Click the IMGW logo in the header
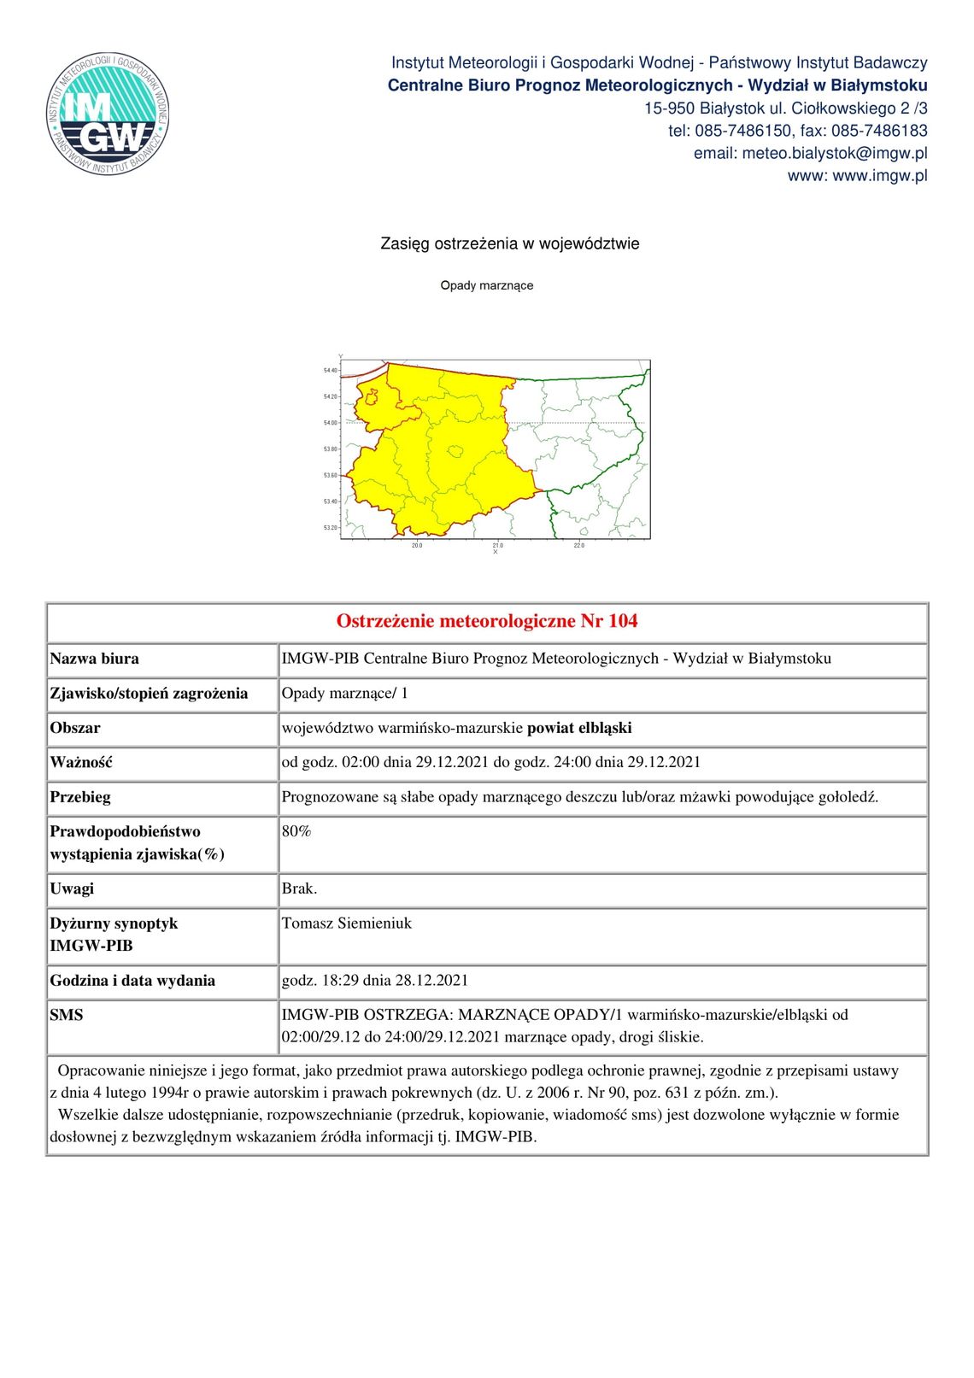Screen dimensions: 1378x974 tap(108, 114)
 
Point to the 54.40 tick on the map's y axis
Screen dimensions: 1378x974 tap(330, 371)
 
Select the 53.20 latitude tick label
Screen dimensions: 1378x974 tap(330, 528)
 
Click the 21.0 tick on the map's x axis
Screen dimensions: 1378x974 tap(497, 545)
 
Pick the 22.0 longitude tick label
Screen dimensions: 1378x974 tap(578, 545)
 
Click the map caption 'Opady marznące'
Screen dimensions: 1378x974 tap(486, 285)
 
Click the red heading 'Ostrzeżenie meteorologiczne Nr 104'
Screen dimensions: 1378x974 tap(486, 621)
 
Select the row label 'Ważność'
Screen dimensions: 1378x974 tap(81, 762)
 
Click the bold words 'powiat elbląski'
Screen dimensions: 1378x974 tap(579, 728)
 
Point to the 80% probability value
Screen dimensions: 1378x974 tap(296, 831)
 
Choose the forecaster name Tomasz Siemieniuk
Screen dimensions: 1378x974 tap(346, 924)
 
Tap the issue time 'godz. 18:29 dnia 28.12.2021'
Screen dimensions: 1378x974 tap(374, 981)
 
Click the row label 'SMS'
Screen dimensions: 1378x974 tap(67, 1015)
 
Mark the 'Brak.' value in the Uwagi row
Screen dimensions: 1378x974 tap(299, 888)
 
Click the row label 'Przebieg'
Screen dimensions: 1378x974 tap(80, 797)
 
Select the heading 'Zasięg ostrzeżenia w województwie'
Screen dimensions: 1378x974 tap(509, 243)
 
